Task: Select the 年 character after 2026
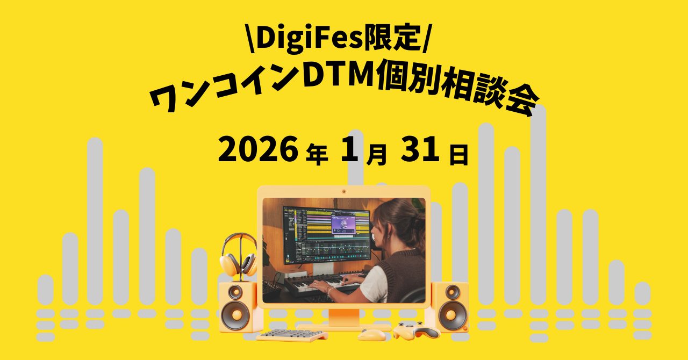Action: (316, 155)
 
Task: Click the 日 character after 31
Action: (458, 155)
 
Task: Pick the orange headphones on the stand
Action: (238, 255)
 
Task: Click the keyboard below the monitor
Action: (291, 335)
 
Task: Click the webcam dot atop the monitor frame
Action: (344, 191)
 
